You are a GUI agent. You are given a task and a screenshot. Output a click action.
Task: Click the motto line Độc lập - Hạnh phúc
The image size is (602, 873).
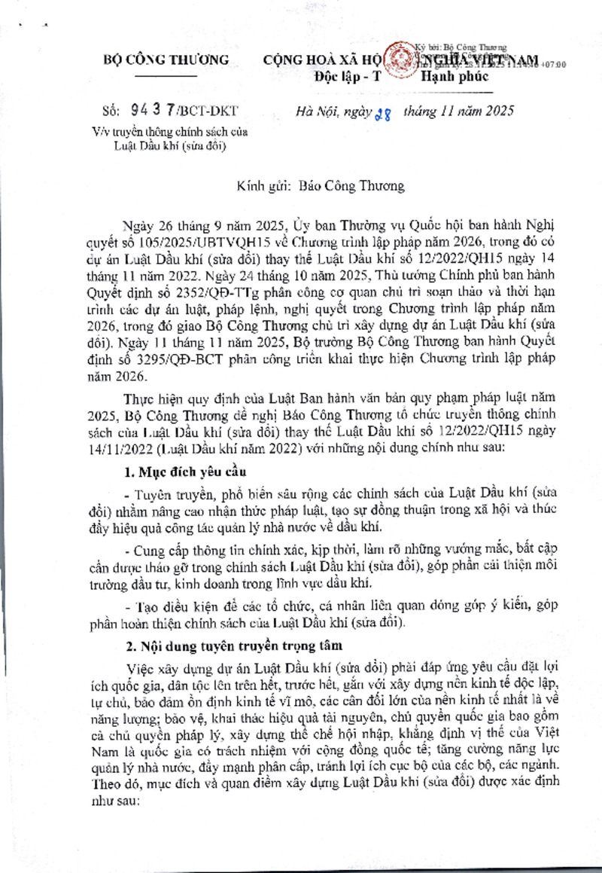[x=401, y=76]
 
